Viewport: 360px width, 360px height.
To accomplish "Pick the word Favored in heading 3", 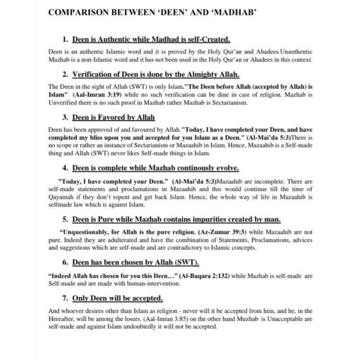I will [x=110, y=117].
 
